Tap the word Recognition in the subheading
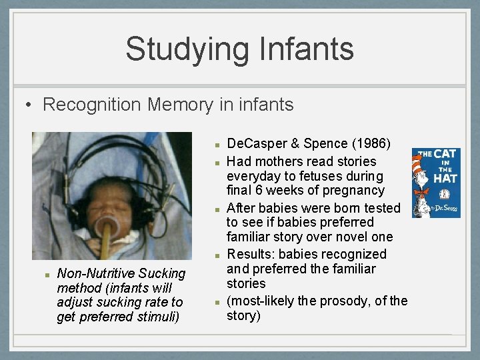coord(92,105)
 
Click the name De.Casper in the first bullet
coord(254,143)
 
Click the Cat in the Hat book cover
coord(436,183)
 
